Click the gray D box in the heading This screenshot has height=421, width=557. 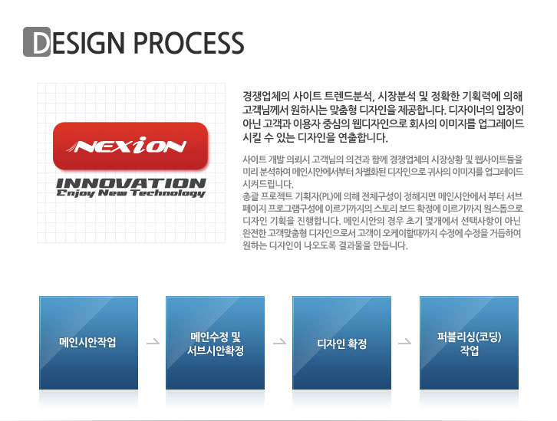pos(37,42)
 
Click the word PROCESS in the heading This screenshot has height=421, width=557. pos(189,43)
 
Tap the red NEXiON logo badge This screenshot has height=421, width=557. pos(130,146)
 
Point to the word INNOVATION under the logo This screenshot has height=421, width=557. pos(131,183)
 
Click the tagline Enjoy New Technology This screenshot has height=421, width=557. pos(130,192)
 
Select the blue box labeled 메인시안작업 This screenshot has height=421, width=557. pos(88,343)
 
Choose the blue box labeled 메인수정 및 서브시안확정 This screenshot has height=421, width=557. pos(216,343)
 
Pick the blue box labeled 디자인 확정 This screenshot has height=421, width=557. pos(341,343)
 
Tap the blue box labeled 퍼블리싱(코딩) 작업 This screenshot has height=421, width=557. pos(469,343)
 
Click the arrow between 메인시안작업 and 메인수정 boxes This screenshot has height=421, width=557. pos(153,342)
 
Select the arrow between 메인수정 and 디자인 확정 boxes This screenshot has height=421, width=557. pos(279,342)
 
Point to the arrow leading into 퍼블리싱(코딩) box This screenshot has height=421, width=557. pos(404,342)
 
